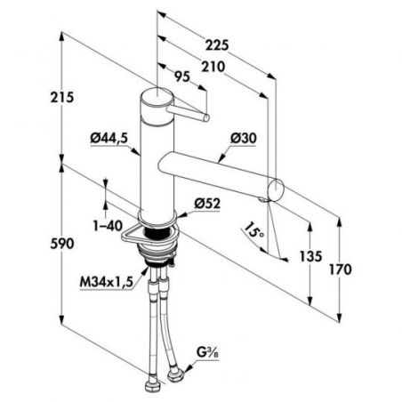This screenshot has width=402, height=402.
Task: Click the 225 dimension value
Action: point(217,45)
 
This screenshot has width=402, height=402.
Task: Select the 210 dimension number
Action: point(213,67)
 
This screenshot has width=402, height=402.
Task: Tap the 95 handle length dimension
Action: point(181,77)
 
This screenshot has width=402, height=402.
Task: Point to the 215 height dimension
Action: point(61,97)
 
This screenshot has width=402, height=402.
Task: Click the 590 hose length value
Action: point(61,244)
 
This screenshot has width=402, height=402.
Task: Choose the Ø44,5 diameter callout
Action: point(109,138)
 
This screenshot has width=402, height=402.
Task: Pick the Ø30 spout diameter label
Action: point(244,138)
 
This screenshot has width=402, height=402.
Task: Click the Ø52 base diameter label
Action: point(207,204)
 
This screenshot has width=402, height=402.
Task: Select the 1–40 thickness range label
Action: point(108,226)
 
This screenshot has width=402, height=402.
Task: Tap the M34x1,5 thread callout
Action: point(106,282)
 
